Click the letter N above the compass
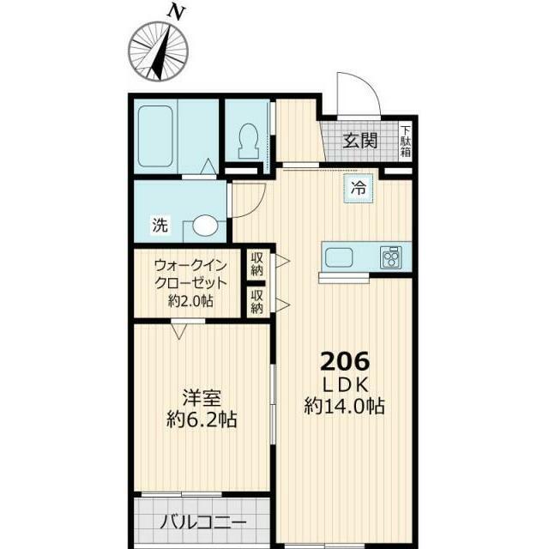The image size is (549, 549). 176,13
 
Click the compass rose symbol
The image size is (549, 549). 159,51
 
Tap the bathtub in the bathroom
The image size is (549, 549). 155,136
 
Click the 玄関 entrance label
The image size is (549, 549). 360,141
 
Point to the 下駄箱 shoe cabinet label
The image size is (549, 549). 406,141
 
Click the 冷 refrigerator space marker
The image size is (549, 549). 359,188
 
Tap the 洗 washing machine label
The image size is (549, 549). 160,225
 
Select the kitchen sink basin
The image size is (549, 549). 339,257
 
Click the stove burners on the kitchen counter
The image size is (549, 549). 391,257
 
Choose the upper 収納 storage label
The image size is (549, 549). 257,264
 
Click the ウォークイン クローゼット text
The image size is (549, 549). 190,274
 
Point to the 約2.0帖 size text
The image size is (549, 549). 190,300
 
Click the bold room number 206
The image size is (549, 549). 345,361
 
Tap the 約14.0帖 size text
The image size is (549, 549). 345,406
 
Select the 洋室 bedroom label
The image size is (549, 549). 202,398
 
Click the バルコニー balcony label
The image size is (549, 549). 203,523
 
